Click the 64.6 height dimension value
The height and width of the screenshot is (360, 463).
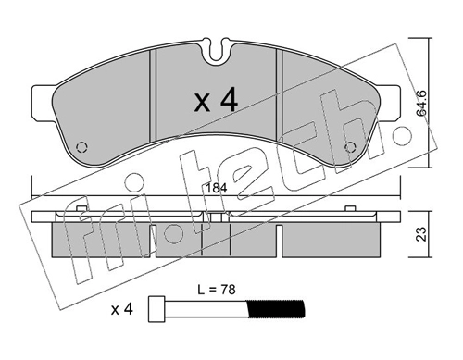(421, 103)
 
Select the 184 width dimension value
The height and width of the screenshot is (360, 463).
(217, 188)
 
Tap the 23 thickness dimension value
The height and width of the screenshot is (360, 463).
(421, 234)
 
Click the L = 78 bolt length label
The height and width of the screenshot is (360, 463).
(217, 290)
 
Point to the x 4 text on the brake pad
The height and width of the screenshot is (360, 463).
(217, 99)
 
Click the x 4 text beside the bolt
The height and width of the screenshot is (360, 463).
(122, 309)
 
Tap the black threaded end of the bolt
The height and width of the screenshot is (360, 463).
(276, 309)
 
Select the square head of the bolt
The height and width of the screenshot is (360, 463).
(156, 309)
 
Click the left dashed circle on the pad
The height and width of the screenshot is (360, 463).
(81, 147)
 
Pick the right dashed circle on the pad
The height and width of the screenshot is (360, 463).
(350, 147)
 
